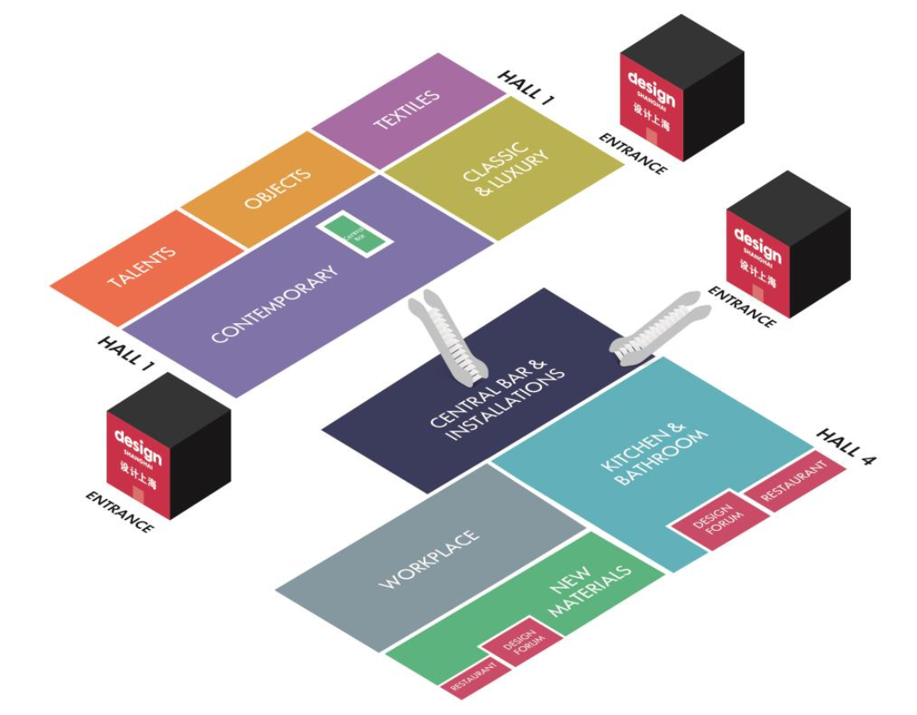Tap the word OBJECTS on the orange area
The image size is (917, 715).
click(278, 189)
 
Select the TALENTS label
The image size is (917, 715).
click(142, 267)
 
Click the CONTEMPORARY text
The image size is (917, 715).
click(275, 304)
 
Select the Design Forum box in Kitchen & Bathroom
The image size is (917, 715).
click(713, 519)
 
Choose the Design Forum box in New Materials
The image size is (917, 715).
click(521, 640)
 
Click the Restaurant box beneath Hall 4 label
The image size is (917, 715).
click(794, 482)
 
